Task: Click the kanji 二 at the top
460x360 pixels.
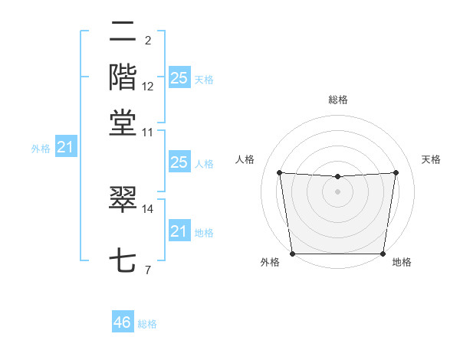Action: click(x=123, y=33)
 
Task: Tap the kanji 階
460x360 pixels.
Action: click(x=123, y=77)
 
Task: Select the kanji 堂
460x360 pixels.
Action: click(x=123, y=123)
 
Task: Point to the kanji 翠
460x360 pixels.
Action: click(x=123, y=199)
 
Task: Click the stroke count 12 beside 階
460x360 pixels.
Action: click(x=148, y=87)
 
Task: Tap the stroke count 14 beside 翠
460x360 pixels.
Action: click(x=148, y=208)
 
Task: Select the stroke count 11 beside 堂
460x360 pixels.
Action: click(x=148, y=132)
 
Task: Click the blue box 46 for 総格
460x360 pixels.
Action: click(x=123, y=322)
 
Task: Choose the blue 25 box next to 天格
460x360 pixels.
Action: click(x=179, y=77)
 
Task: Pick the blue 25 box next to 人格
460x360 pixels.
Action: click(x=179, y=162)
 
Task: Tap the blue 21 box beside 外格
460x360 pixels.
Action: click(x=65, y=146)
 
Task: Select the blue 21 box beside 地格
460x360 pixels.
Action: click(x=179, y=231)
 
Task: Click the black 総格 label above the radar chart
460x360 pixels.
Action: click(x=338, y=100)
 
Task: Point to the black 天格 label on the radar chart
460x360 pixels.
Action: click(x=432, y=159)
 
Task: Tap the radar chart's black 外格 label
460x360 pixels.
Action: click(x=270, y=263)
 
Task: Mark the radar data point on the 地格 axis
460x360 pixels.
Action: click(x=383, y=254)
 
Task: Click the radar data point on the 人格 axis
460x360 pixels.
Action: click(x=279, y=173)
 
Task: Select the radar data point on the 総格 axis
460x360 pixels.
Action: click(x=338, y=177)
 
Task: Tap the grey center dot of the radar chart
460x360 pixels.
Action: click(x=338, y=191)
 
